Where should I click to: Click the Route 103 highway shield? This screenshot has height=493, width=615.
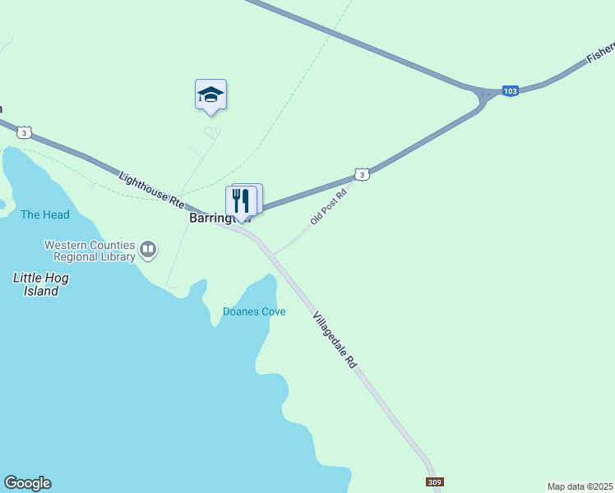(511, 90)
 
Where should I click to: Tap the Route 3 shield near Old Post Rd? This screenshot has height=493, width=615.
(361, 174)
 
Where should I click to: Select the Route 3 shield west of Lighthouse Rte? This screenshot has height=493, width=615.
(25, 131)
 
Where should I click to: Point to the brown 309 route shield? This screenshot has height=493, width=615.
(434, 482)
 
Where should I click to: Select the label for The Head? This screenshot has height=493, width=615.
(45, 214)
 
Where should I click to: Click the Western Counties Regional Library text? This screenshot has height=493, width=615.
(90, 251)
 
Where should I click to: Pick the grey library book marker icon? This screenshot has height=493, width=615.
(149, 248)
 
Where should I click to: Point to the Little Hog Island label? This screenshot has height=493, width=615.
(41, 284)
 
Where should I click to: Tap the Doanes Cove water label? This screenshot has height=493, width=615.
(254, 311)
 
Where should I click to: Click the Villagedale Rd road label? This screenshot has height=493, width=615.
(335, 339)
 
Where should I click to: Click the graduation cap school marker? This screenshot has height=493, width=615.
(210, 95)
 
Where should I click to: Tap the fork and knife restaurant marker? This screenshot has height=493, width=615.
(241, 200)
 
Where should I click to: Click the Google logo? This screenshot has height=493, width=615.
(27, 483)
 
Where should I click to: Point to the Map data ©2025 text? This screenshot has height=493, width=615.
(579, 486)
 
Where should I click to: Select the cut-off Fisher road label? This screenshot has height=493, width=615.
(599, 54)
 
